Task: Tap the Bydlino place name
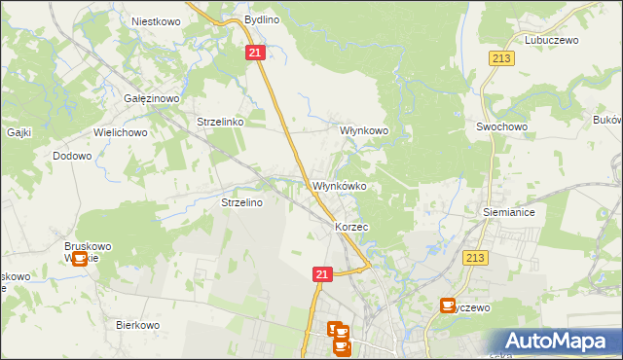[262, 19]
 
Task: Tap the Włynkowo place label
[364, 130]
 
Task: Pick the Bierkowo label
[137, 326]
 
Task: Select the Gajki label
[18, 132]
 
